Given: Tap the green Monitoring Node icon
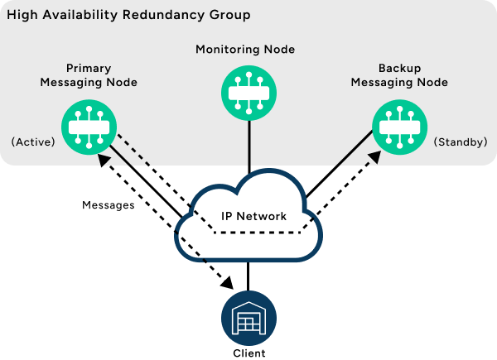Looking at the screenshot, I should pyautogui.click(x=248, y=92).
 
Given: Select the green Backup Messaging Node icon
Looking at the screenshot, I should pyautogui.click(x=399, y=125).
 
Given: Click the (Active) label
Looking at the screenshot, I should pyautogui.click(x=33, y=142).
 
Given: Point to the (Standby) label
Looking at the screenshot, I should pyautogui.click(x=460, y=142).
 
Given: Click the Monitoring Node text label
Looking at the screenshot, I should pyautogui.click(x=245, y=50).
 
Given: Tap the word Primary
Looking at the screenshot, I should pyautogui.click(x=88, y=69).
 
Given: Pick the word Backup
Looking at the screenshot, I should pyautogui.click(x=399, y=69).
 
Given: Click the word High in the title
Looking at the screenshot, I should pyautogui.click(x=21, y=16).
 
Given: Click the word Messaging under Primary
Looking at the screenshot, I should pyautogui.click(x=75, y=83).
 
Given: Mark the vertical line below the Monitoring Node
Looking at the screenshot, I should pyautogui.click(x=248, y=141).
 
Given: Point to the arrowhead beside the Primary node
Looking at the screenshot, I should pyautogui.click(x=104, y=159).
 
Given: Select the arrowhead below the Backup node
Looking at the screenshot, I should pyautogui.click(x=374, y=156).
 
